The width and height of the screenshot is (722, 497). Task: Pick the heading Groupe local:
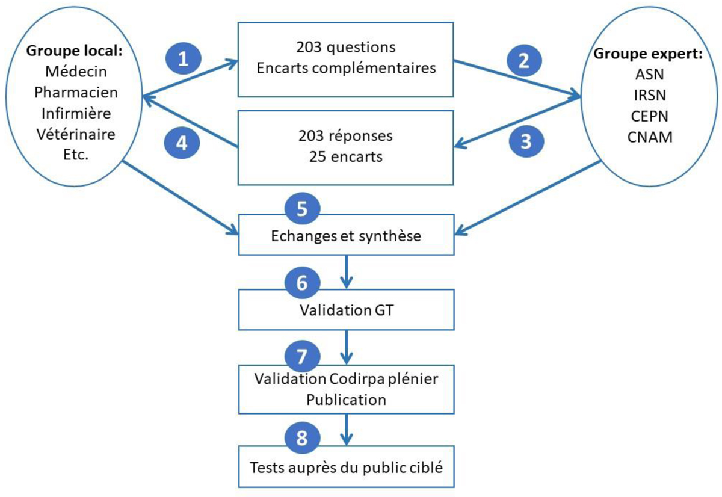tap(75, 51)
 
